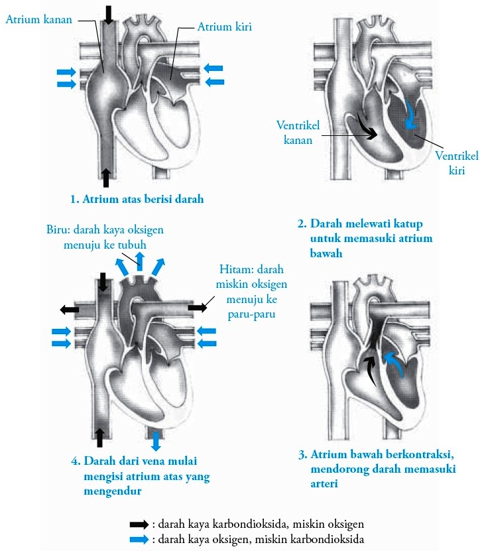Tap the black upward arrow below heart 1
106,178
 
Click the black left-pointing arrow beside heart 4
69,310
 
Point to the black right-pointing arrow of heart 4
198,308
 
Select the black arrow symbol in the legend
139,524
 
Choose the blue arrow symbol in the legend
139,539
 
